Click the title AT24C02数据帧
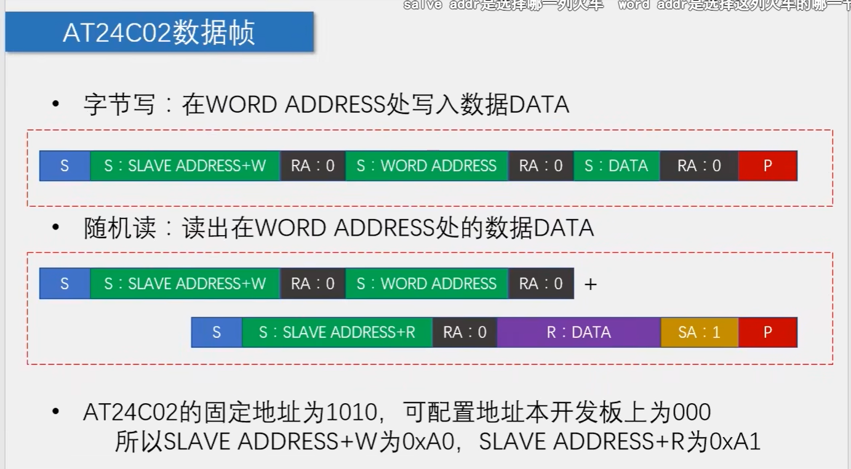[x=159, y=33]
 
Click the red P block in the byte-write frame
[x=767, y=166]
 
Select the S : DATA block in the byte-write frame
[x=616, y=166]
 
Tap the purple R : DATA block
[x=578, y=332]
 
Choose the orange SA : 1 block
[x=699, y=332]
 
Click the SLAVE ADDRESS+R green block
[x=337, y=332]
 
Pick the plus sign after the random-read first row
[x=591, y=284]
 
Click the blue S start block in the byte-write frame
[x=65, y=166]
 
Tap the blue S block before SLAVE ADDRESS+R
[x=217, y=332]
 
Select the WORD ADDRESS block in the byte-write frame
[x=426, y=166]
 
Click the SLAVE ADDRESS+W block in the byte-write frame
[x=185, y=166]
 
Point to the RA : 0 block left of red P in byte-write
[x=699, y=166]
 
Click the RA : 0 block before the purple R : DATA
[x=465, y=332]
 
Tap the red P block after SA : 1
[x=767, y=332]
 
